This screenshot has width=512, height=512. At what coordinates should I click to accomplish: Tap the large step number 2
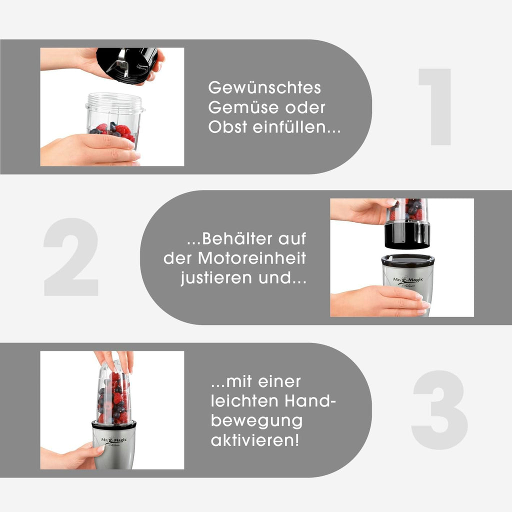71,257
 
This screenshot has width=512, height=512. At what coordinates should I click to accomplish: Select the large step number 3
439,410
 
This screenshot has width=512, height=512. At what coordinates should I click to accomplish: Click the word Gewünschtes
264,87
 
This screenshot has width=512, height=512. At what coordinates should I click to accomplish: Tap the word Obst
227,126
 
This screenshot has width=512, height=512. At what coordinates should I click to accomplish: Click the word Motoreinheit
252,258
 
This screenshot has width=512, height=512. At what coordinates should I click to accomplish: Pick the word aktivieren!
254,440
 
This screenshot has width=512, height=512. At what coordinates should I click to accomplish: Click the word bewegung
256,421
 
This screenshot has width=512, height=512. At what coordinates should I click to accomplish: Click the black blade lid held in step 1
127,65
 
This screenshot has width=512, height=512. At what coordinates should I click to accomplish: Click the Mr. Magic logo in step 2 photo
408,281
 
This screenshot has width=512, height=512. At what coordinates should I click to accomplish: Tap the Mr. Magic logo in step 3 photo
113,441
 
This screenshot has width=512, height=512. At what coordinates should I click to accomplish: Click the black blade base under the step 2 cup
407,234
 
